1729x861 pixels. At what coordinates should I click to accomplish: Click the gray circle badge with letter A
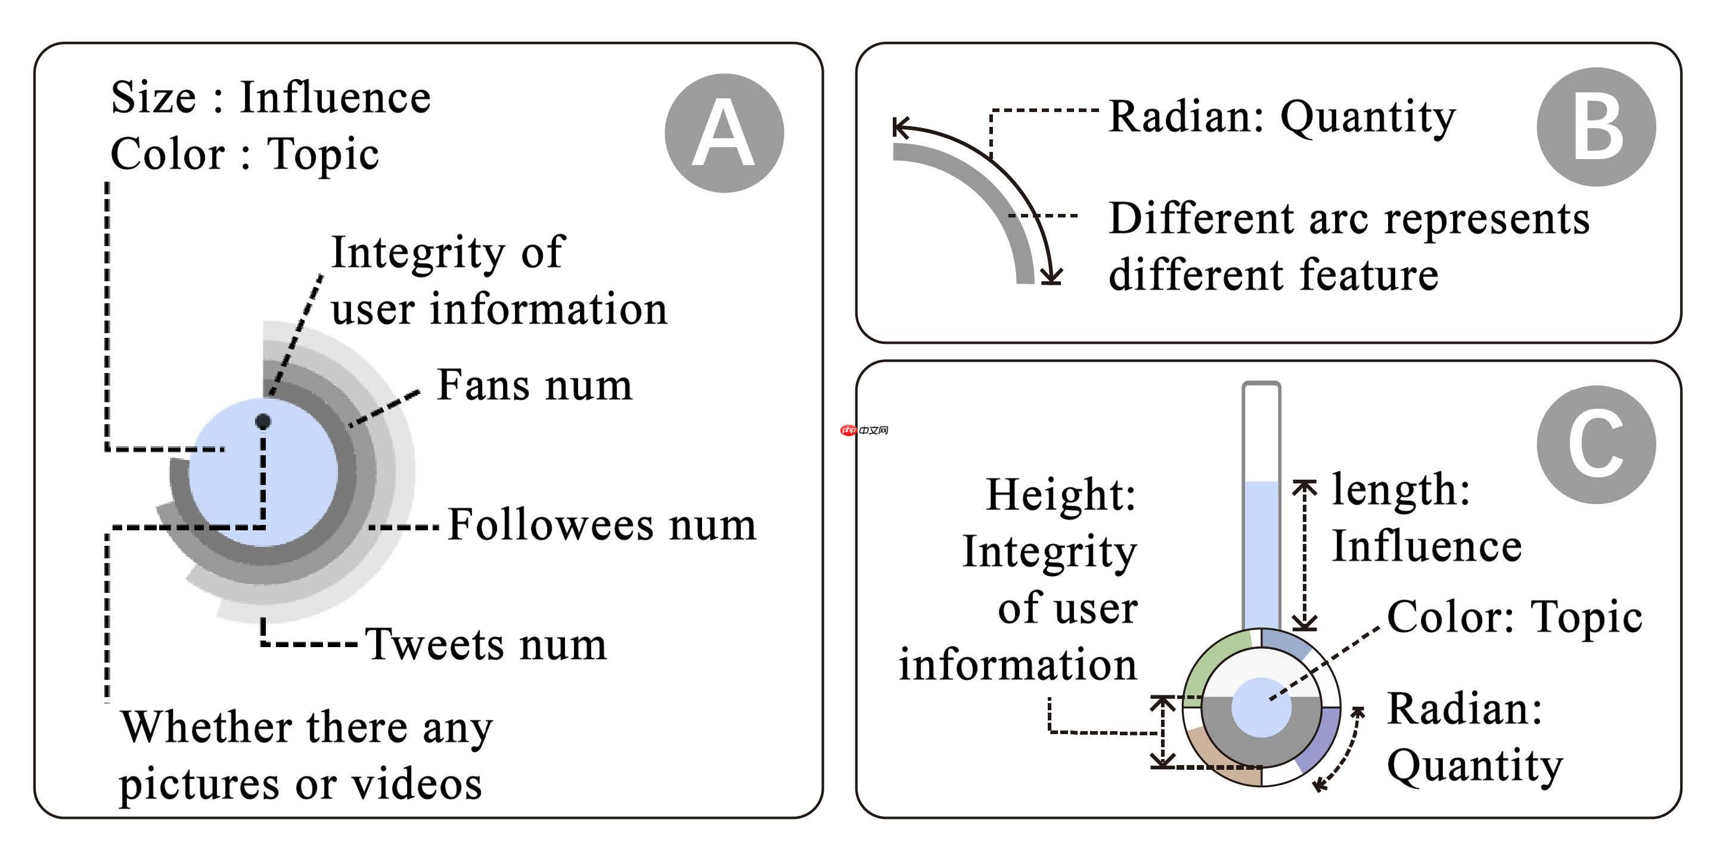(x=724, y=133)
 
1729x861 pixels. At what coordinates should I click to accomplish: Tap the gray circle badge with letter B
(x=1595, y=127)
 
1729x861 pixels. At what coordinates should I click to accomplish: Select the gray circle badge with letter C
(x=1595, y=445)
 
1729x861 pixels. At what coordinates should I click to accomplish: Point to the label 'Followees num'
(x=601, y=524)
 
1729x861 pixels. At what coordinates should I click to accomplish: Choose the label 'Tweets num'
(x=485, y=644)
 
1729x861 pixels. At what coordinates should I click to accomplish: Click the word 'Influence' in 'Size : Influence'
(x=335, y=97)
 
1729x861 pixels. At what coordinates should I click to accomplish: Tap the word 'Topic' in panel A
(x=323, y=154)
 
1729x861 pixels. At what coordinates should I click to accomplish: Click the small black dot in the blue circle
(x=263, y=421)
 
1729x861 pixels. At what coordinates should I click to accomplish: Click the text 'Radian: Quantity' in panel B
(x=1281, y=117)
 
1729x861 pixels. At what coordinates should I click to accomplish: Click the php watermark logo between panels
(x=864, y=430)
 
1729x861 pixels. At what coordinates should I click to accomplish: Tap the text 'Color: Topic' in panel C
(x=1514, y=617)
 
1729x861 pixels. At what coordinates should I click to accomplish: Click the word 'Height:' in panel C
(x=1060, y=495)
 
